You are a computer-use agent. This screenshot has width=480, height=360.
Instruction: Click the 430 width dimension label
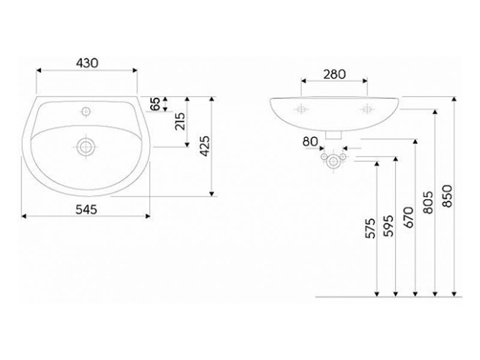click(x=87, y=63)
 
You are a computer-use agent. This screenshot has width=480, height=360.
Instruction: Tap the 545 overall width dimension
click(x=86, y=209)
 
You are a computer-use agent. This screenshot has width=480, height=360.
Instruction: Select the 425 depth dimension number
click(x=205, y=146)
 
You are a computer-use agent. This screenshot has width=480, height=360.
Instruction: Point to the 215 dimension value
click(x=180, y=122)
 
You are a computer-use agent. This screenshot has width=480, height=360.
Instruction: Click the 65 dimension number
click(x=155, y=104)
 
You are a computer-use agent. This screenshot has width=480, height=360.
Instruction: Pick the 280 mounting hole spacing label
click(x=334, y=74)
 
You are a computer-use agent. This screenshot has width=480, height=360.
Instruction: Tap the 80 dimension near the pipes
click(x=310, y=142)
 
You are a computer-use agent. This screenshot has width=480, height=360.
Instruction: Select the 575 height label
click(x=371, y=228)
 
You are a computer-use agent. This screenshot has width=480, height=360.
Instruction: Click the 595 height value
click(x=389, y=226)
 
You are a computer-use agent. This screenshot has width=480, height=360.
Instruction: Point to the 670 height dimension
click(x=409, y=217)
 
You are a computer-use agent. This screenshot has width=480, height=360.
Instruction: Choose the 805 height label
click(x=428, y=202)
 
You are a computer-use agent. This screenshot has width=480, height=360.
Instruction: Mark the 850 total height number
click(x=447, y=196)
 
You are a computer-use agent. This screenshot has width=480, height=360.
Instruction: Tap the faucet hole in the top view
click(x=86, y=111)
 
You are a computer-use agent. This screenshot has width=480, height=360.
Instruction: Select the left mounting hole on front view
click(x=301, y=109)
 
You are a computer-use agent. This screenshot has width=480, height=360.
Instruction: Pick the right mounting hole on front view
click(x=367, y=109)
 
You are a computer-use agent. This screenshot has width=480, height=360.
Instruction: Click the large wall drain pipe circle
click(x=333, y=161)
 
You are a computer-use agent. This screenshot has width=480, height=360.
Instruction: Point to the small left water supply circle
click(x=324, y=157)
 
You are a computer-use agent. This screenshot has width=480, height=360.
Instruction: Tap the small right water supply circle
click(x=343, y=157)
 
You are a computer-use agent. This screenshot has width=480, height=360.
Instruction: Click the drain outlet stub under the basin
click(x=334, y=135)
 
